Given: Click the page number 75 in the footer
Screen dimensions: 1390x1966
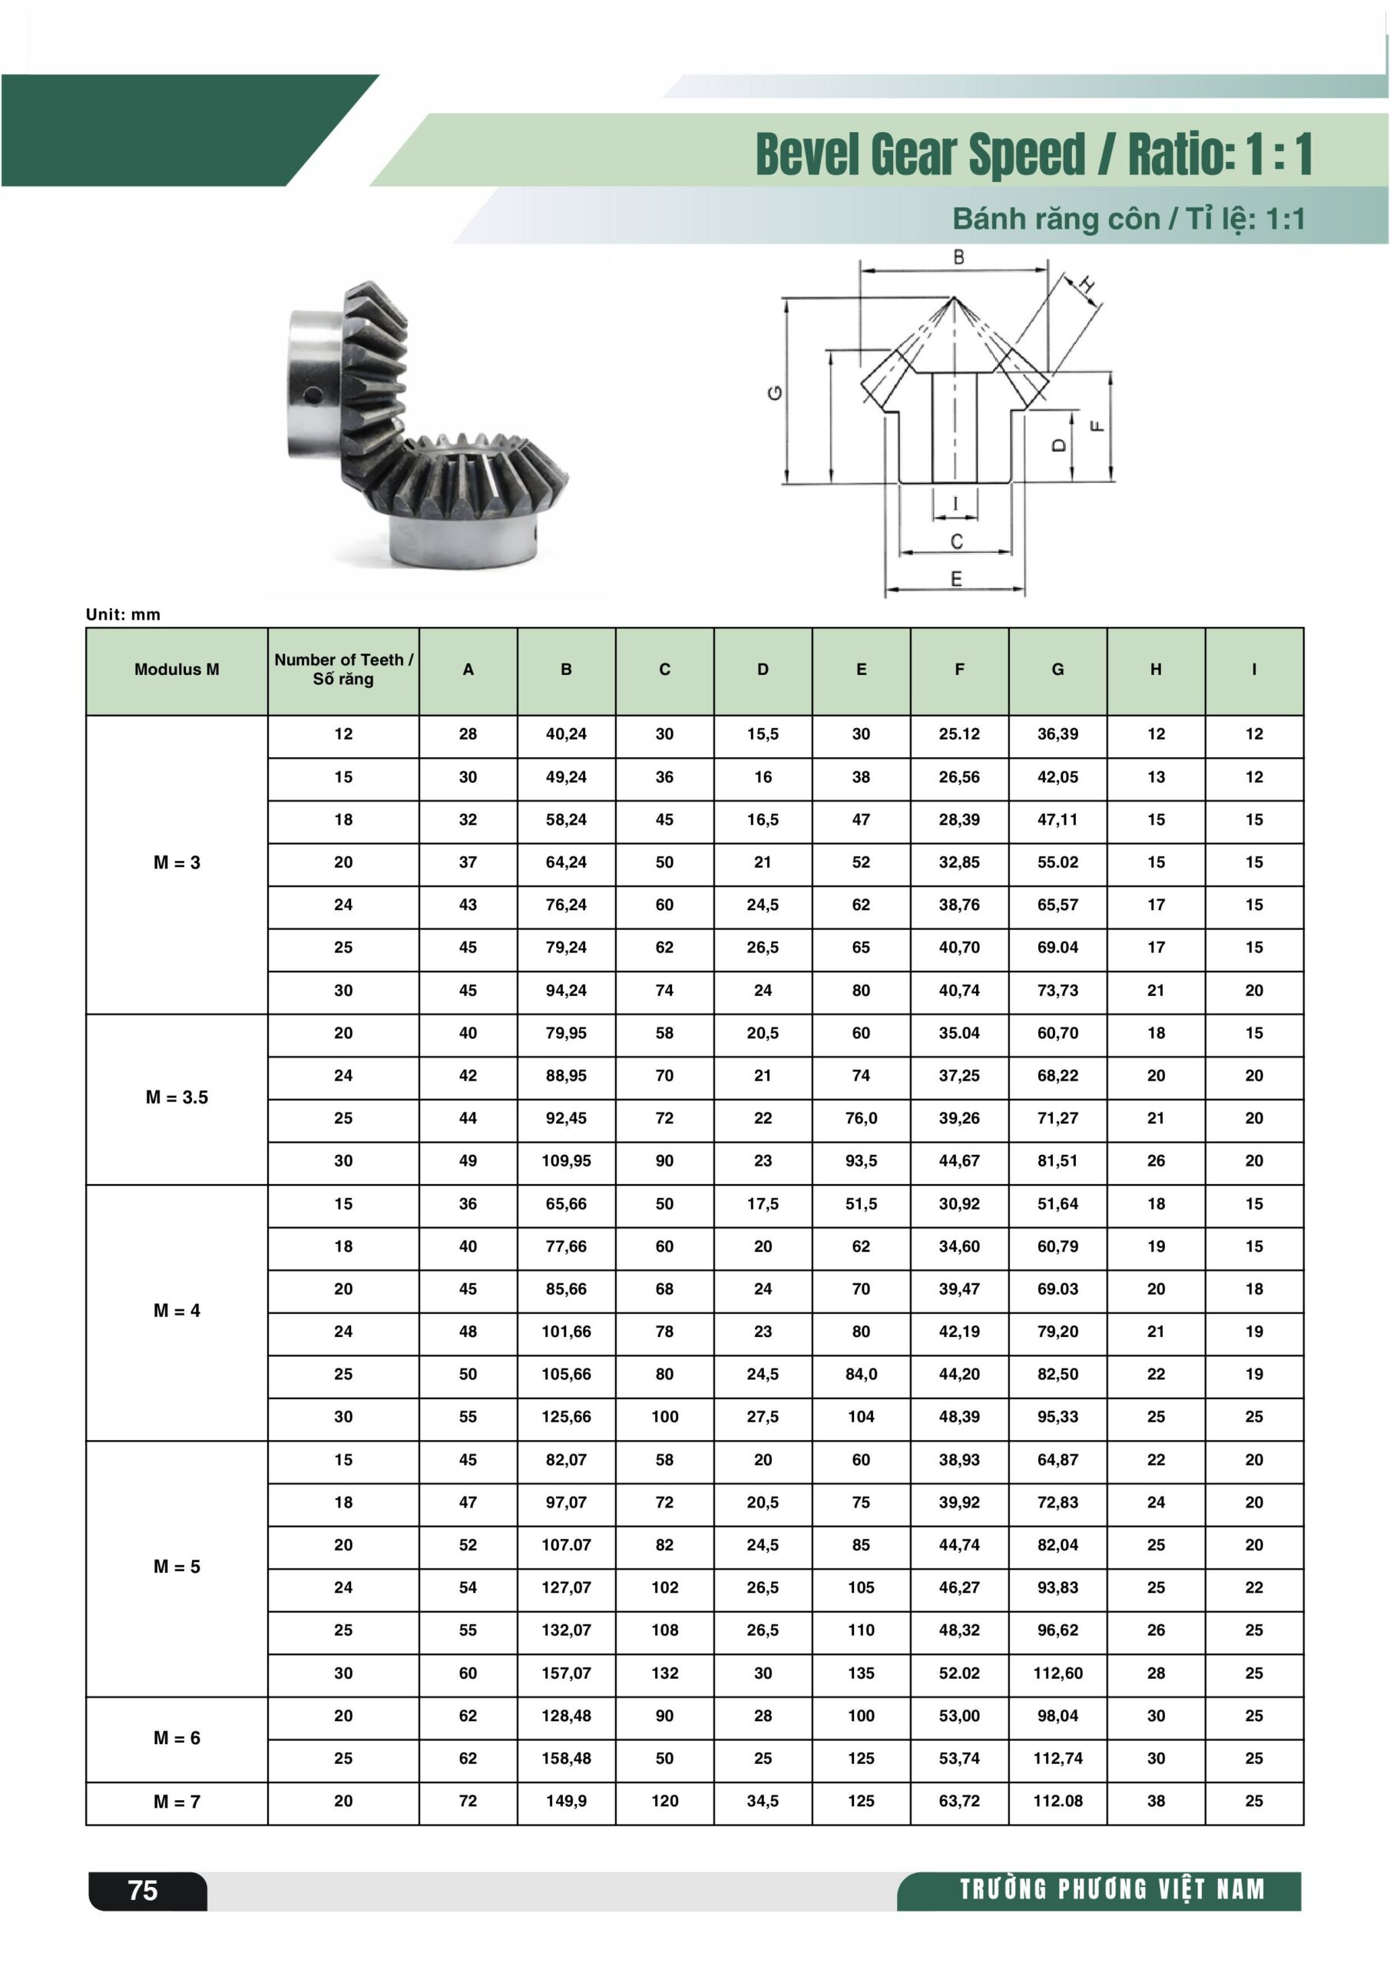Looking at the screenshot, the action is point(143,1890).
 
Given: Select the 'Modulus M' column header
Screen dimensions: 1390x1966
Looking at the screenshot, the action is point(177,670).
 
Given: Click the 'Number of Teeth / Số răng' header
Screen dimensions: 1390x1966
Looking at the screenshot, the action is point(343,669).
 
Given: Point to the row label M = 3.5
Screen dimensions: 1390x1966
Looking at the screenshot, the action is point(177,1097).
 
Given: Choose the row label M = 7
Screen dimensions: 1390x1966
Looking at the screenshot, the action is point(177,1802).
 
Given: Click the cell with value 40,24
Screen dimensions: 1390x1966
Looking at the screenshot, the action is point(566,734).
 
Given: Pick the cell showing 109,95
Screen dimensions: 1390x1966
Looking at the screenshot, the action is point(566,1160).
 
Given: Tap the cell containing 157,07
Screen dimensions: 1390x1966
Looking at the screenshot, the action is point(566,1673).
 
